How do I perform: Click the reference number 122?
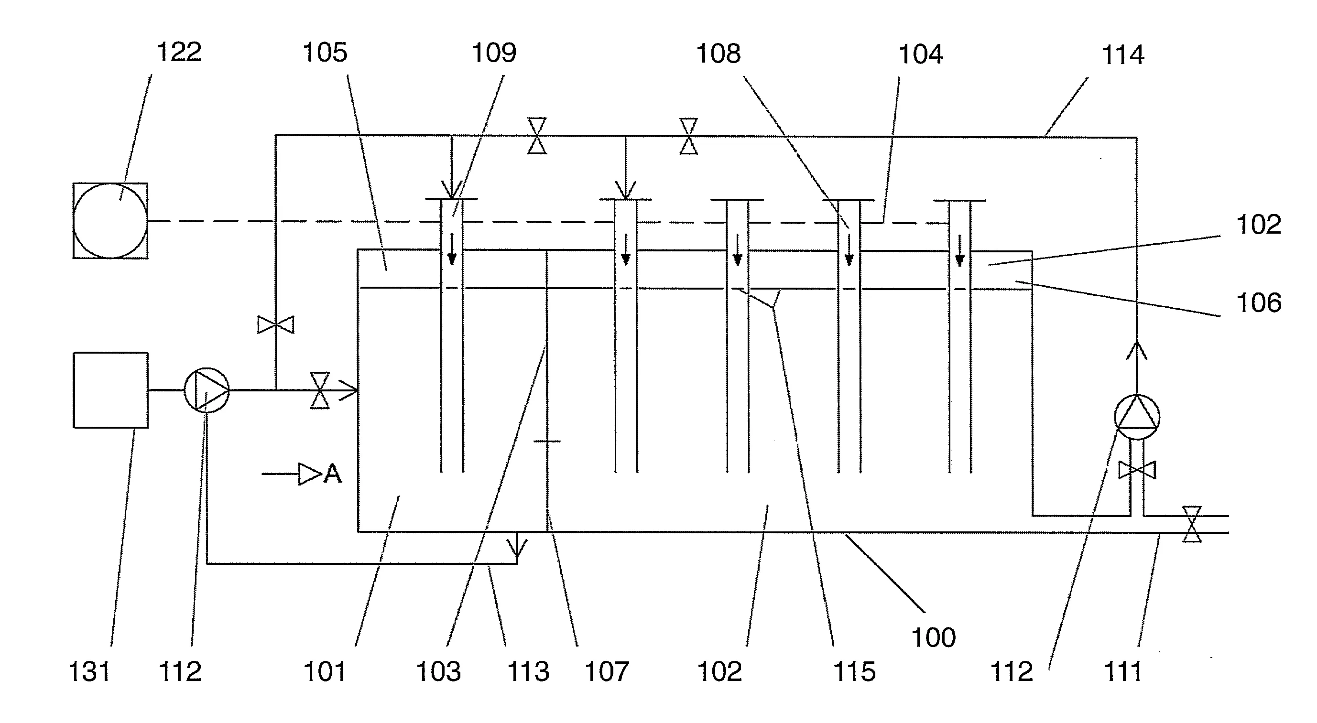pyautogui.click(x=179, y=52)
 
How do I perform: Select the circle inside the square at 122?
pyautogui.click(x=110, y=220)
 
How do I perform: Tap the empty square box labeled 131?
pyautogui.click(x=111, y=390)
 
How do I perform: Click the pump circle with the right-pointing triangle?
pyautogui.click(x=207, y=390)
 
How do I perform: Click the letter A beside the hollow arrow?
pyautogui.click(x=332, y=474)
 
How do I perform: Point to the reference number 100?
pyautogui.click(x=934, y=637)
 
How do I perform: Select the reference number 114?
pyautogui.click(x=1122, y=54)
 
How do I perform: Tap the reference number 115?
pyautogui.click(x=854, y=671)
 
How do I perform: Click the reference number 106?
pyautogui.click(x=1259, y=302)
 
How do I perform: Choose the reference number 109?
pyautogui.click(x=494, y=53)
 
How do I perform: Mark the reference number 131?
pyautogui.click(x=89, y=671)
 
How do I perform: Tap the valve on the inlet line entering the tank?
pyautogui.click(x=320, y=390)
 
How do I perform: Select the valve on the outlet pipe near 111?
pyautogui.click(x=1192, y=524)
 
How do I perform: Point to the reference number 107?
pyautogui.click(x=606, y=671)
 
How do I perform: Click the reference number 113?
pyautogui.click(x=528, y=671)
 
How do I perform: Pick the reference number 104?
pyautogui.click(x=920, y=54)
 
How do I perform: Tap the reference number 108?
pyautogui.click(x=718, y=53)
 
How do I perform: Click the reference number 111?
pyautogui.click(x=1123, y=671)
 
